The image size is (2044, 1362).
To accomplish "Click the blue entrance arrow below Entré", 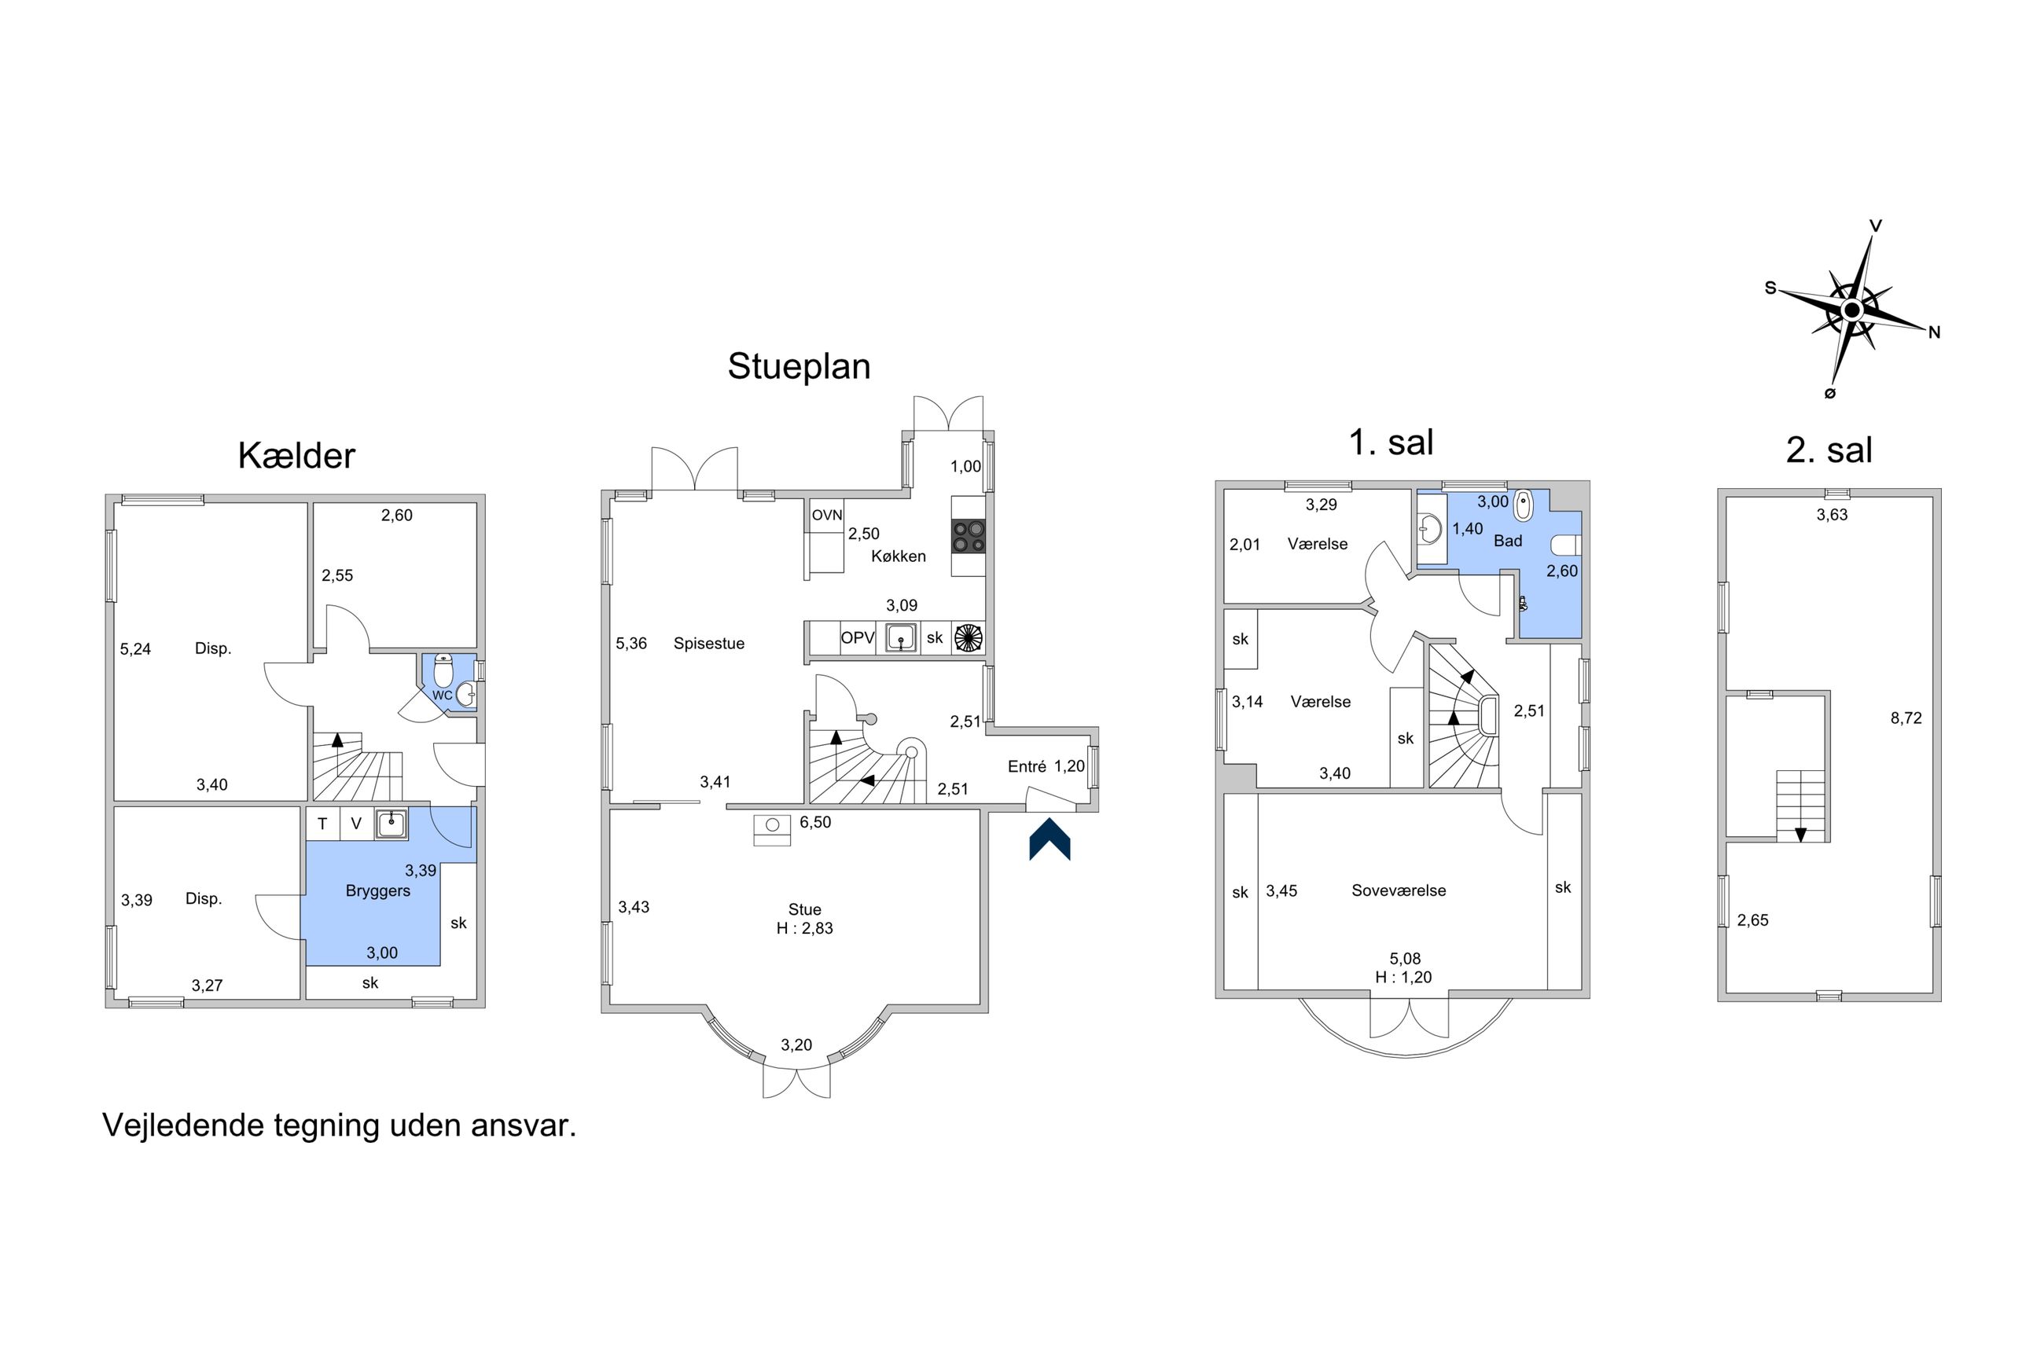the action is [1050, 839].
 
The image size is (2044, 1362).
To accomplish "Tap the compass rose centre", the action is [1851, 310].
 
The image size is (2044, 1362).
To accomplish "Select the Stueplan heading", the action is [798, 365].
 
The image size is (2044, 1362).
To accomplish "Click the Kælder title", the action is [296, 456].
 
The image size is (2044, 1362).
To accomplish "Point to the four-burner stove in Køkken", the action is [969, 535].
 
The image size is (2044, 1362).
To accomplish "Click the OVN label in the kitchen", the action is [827, 515].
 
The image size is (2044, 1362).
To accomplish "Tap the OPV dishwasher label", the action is [858, 637].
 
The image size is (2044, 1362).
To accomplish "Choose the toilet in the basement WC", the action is [443, 670].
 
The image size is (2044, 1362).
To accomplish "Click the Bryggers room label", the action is [378, 891].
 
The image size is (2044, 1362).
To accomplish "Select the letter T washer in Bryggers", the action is [322, 824].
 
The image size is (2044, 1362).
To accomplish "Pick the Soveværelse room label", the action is [1399, 890].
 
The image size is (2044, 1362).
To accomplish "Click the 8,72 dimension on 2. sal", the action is [1906, 718].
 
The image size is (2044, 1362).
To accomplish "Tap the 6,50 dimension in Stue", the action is [816, 823].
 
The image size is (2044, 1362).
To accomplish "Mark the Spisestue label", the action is [709, 644].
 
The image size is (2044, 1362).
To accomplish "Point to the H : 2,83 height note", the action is [804, 928].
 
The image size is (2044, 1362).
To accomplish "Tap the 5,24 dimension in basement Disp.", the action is [135, 649].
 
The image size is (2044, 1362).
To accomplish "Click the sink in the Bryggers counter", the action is [392, 824].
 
